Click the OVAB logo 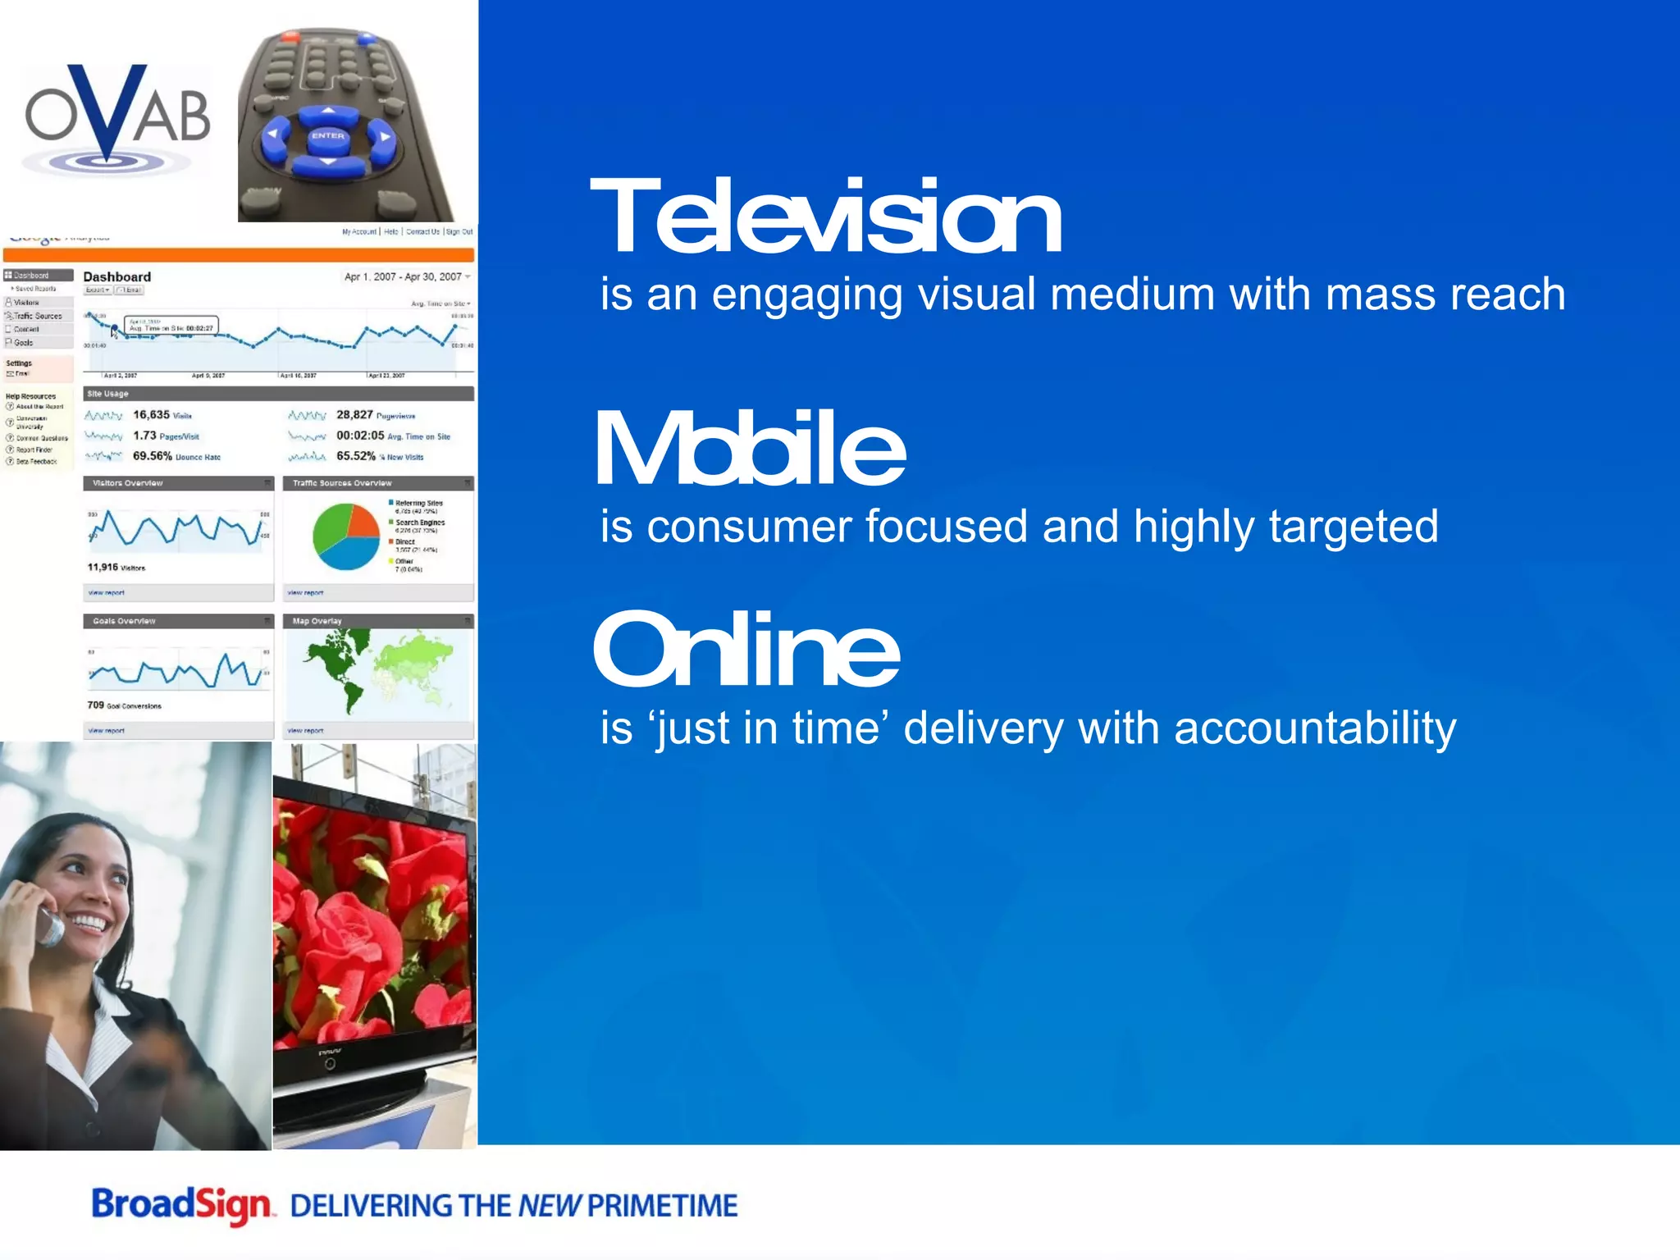click(117, 117)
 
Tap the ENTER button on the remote click(328, 136)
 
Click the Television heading click(825, 217)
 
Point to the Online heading click(746, 649)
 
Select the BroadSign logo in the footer click(181, 1206)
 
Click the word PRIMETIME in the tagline click(662, 1206)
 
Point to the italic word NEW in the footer click(549, 1206)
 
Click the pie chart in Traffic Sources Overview click(346, 536)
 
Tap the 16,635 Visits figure click(152, 415)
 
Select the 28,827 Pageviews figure click(354, 415)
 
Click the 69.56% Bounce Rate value click(153, 456)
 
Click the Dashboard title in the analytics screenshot click(117, 277)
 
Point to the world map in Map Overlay click(377, 669)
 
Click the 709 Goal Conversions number click(96, 705)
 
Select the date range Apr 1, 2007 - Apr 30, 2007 click(403, 277)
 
